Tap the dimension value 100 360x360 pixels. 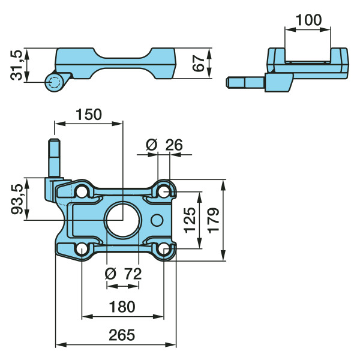[x=309, y=19]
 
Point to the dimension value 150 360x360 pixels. [x=89, y=114]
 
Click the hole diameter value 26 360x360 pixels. [x=174, y=145]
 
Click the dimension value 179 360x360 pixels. [x=214, y=220]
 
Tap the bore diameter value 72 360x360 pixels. [x=132, y=274]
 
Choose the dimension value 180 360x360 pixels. [x=122, y=307]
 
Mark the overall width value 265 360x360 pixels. [x=122, y=335]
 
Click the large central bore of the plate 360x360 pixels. [x=122, y=220]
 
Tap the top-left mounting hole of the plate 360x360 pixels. [x=82, y=191]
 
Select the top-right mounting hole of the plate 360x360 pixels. [x=163, y=191]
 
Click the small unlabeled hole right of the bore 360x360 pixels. [x=157, y=220]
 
